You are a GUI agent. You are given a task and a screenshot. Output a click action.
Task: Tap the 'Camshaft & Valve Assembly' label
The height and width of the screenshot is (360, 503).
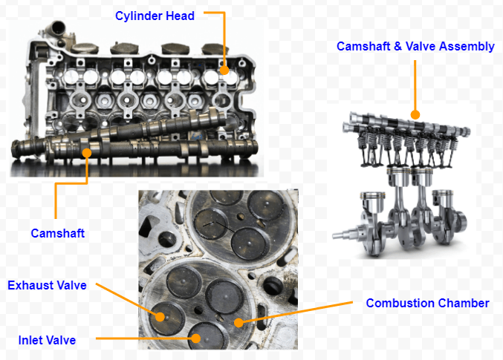[x=415, y=46]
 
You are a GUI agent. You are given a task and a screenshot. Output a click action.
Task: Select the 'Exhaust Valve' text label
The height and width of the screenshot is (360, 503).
[x=47, y=285]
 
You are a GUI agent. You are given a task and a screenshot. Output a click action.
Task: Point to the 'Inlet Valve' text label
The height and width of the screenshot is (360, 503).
[x=47, y=340]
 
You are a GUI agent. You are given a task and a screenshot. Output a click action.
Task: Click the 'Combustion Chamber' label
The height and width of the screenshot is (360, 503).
[x=427, y=303]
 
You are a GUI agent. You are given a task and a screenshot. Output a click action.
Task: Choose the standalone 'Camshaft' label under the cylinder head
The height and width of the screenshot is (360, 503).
[x=57, y=233]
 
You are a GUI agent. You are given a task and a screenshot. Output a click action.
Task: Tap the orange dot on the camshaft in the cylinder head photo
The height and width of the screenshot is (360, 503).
[x=88, y=153]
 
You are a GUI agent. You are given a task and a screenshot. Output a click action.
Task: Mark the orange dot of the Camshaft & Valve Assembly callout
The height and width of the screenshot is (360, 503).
[x=415, y=115]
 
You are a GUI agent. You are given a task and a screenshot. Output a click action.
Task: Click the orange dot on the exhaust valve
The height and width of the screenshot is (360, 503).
[x=160, y=315]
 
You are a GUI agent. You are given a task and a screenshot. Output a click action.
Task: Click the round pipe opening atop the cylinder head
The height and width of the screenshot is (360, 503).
[x=53, y=27]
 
